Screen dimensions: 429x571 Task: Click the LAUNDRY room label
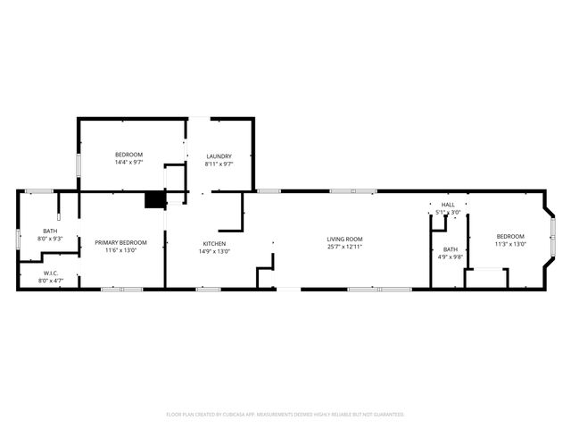pyautogui.click(x=219, y=156)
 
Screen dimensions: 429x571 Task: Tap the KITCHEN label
pyautogui.click(x=214, y=243)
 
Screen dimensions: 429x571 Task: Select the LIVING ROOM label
pyautogui.click(x=344, y=239)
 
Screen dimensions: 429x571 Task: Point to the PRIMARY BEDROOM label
pyautogui.click(x=120, y=242)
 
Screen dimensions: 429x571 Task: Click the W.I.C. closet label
pyautogui.click(x=50, y=273)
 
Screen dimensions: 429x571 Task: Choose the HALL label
pyautogui.click(x=448, y=205)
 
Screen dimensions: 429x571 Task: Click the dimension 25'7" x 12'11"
pyautogui.click(x=344, y=247)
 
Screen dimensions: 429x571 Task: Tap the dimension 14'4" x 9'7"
pyautogui.click(x=128, y=163)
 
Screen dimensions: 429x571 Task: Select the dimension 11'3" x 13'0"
pyautogui.click(x=511, y=244)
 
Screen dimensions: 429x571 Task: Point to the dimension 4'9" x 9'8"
pyautogui.click(x=451, y=257)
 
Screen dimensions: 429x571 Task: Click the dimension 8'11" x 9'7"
pyautogui.click(x=219, y=164)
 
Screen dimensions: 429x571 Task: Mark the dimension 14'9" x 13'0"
pyautogui.click(x=214, y=251)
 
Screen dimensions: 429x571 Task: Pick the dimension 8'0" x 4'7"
pyautogui.click(x=50, y=281)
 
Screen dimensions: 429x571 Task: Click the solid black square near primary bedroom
pyautogui.click(x=156, y=200)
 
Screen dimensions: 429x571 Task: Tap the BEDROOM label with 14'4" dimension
pyautogui.click(x=128, y=155)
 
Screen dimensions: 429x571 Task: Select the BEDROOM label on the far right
pyautogui.click(x=511, y=236)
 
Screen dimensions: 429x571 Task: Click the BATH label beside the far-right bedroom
pyautogui.click(x=451, y=249)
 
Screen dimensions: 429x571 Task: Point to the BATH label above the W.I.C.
pyautogui.click(x=49, y=231)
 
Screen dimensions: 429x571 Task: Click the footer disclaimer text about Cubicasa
pyautogui.click(x=285, y=415)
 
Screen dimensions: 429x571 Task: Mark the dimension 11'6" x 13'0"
pyautogui.click(x=120, y=250)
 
